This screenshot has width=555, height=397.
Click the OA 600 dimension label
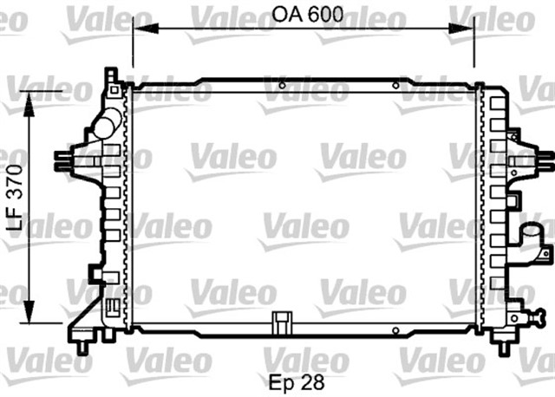303,15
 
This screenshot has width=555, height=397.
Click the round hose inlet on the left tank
105,127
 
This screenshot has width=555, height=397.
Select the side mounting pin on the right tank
544,159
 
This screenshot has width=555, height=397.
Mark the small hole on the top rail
395,86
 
